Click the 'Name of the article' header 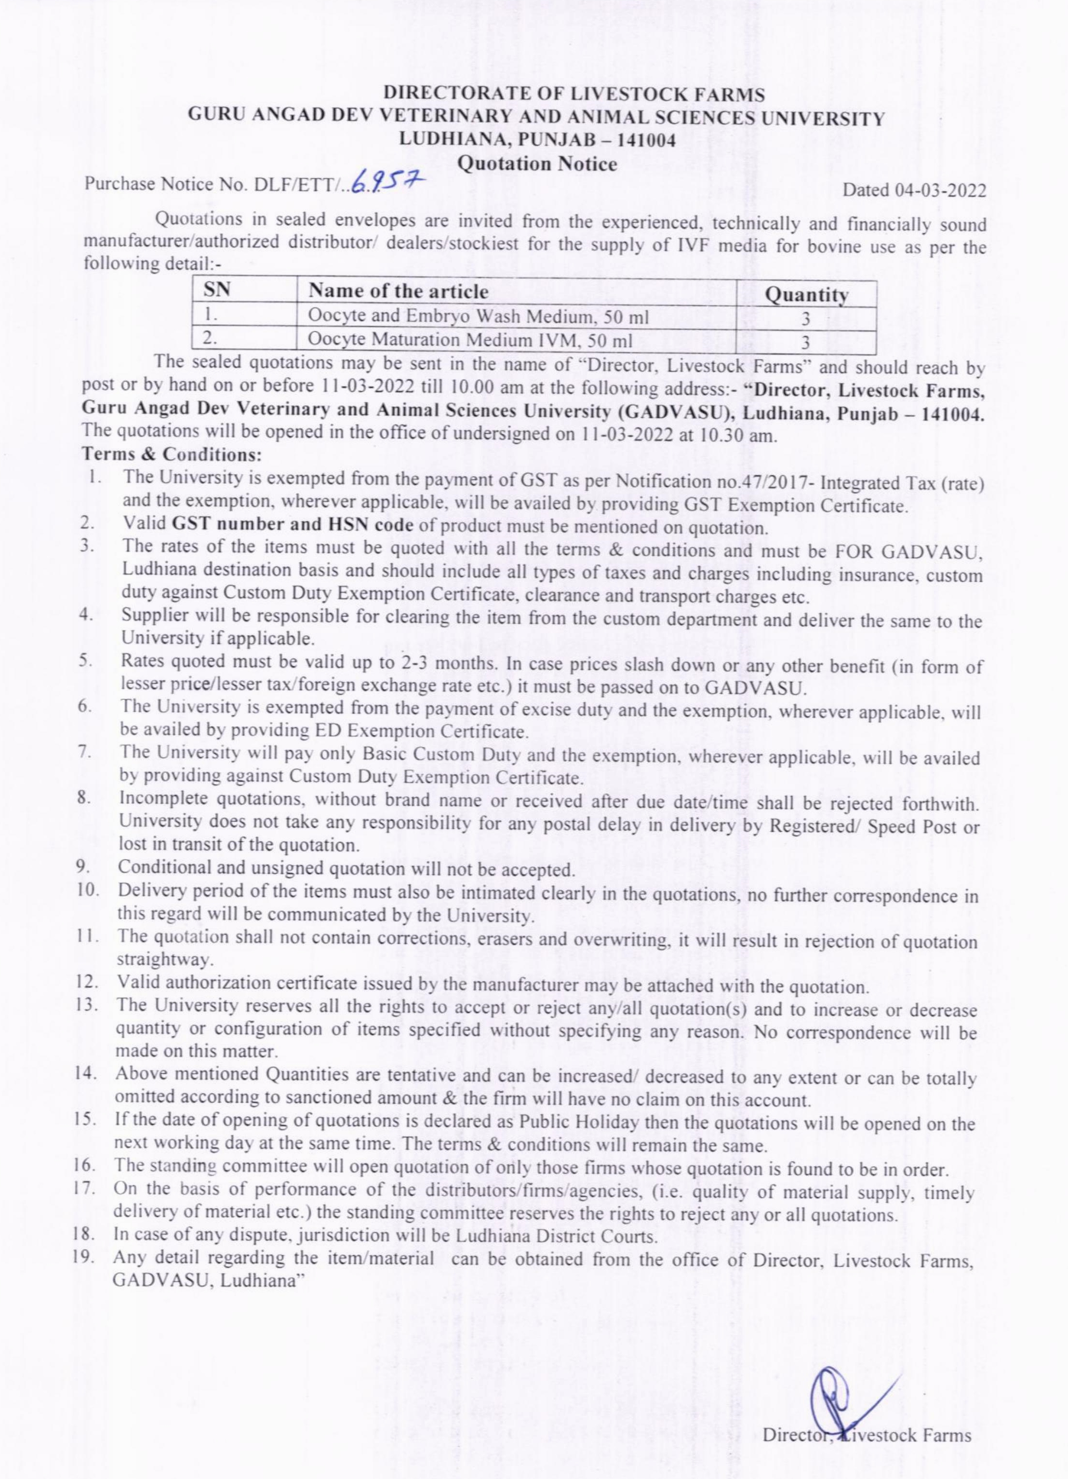click(x=398, y=291)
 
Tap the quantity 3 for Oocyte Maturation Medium click(x=805, y=342)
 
